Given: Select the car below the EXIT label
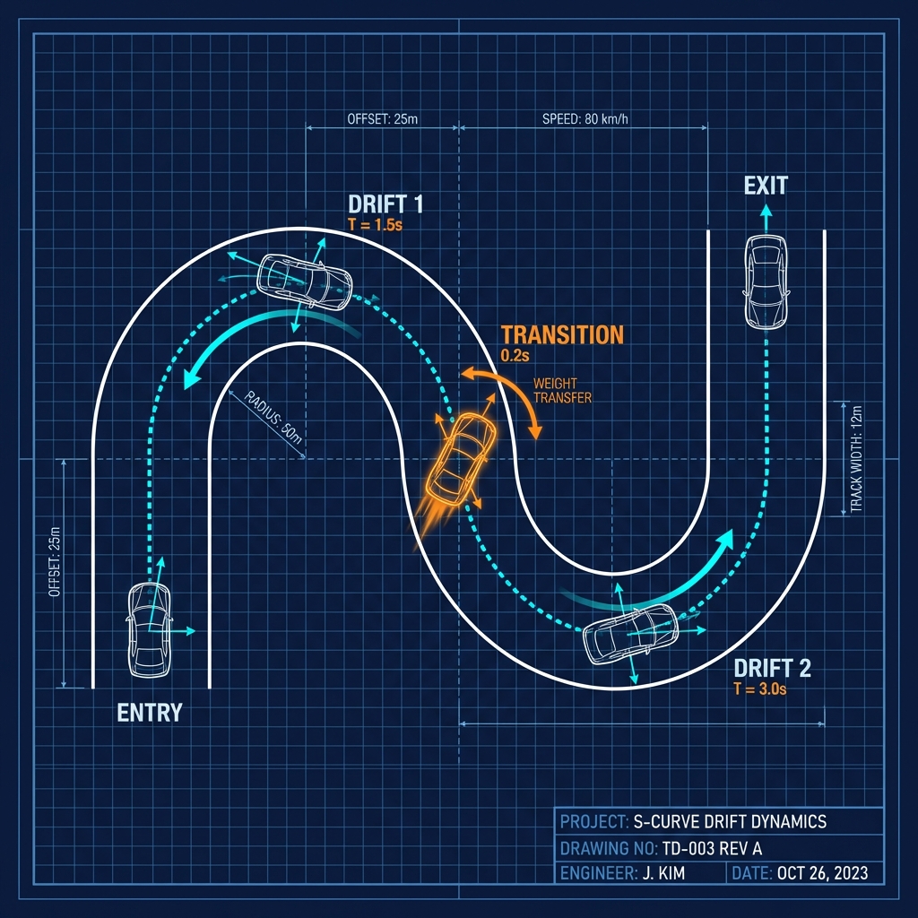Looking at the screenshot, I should (x=766, y=281).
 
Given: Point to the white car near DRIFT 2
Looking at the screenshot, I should (x=631, y=632).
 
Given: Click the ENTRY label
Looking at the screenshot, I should (x=150, y=713).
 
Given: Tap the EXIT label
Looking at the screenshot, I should (x=766, y=186).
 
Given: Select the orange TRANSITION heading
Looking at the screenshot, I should (x=562, y=334).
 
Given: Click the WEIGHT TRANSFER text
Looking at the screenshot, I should (x=562, y=391).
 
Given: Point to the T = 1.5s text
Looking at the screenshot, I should (x=375, y=224).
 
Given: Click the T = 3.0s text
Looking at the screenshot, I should (x=759, y=688).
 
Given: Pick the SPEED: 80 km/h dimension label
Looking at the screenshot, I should (x=584, y=118).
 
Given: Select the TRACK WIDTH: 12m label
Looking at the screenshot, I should (x=856, y=459).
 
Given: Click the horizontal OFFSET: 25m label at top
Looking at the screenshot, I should (x=382, y=118).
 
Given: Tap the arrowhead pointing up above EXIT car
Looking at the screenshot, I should (x=766, y=212).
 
